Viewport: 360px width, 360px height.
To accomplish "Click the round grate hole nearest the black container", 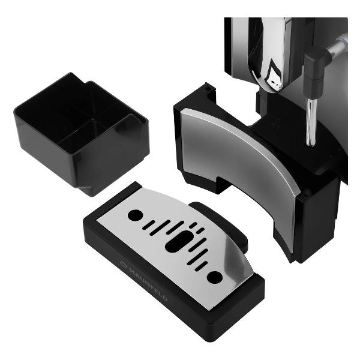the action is tap(135, 215).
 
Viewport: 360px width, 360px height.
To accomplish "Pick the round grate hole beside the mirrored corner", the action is tap(215, 277).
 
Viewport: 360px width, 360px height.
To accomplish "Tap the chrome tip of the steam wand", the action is tap(311, 122).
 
